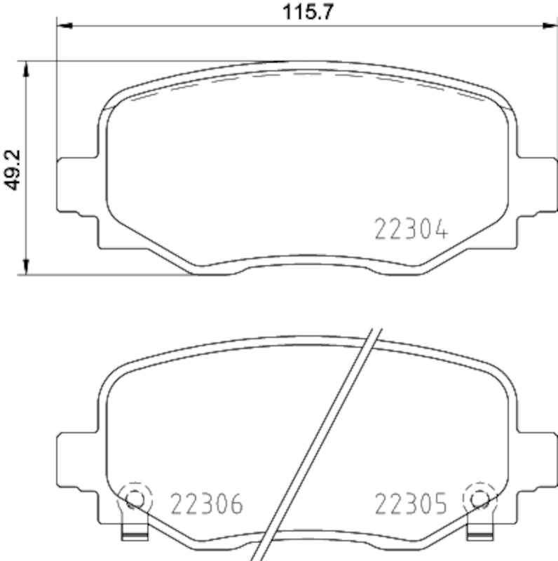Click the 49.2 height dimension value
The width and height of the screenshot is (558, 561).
click(x=12, y=168)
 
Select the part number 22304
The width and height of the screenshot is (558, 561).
click(x=410, y=229)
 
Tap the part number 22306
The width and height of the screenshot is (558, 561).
click(x=206, y=503)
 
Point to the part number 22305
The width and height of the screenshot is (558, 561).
click(x=410, y=503)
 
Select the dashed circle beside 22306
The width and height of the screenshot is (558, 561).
click(x=134, y=499)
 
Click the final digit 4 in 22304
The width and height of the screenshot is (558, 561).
click(x=439, y=229)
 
